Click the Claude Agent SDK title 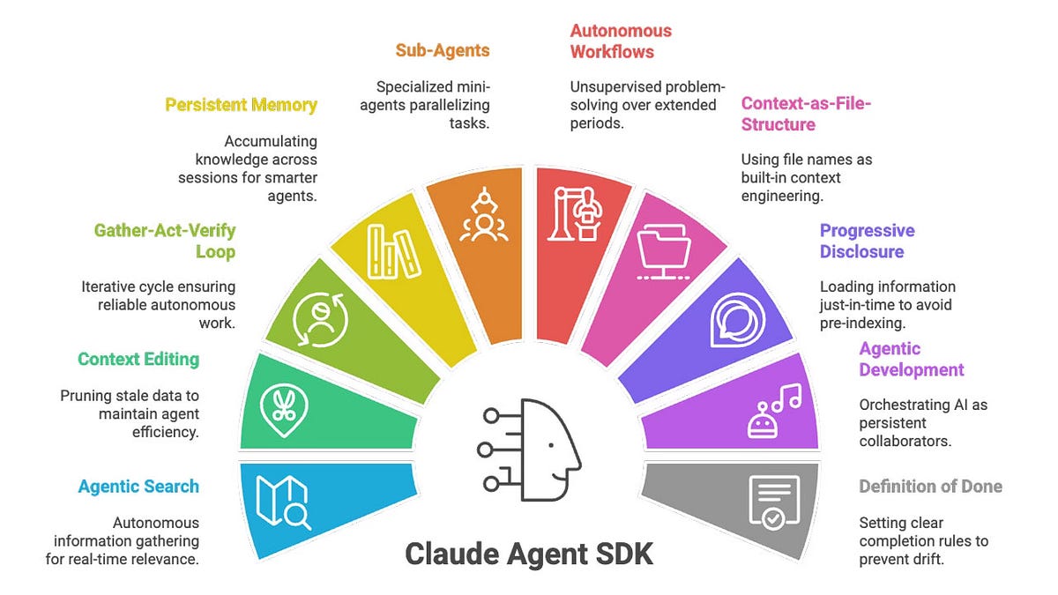click(x=529, y=554)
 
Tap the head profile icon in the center click(x=529, y=450)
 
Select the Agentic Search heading click(x=138, y=487)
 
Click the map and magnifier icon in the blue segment click(x=283, y=502)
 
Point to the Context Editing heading click(x=138, y=359)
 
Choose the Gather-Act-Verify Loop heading click(x=165, y=241)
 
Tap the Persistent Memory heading click(x=241, y=105)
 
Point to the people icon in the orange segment click(x=482, y=217)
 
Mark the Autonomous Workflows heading click(x=621, y=41)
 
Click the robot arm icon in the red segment click(x=574, y=214)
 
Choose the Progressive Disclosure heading click(x=868, y=241)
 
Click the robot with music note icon click(x=773, y=411)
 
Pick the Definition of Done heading click(x=930, y=487)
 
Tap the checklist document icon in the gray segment click(x=773, y=502)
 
